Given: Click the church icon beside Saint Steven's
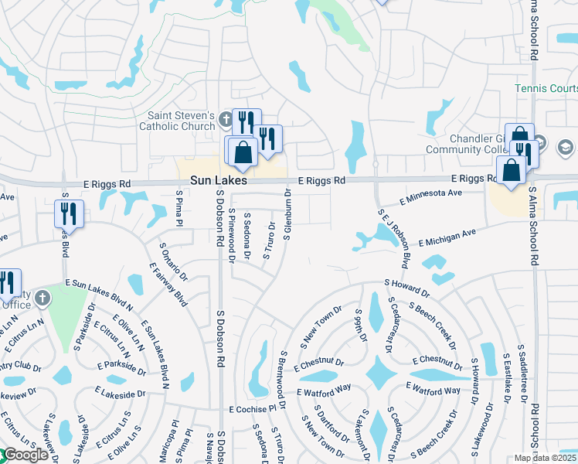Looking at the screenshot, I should pyautogui.click(x=225, y=119).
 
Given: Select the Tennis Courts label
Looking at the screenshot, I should pyautogui.click(x=546, y=89).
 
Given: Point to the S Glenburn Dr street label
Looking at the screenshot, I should pyautogui.click(x=287, y=214).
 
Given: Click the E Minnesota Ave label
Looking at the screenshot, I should pyautogui.click(x=431, y=197).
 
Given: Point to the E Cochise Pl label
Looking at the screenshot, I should pyautogui.click(x=252, y=408).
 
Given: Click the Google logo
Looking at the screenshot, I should pyautogui.click(x=25, y=455).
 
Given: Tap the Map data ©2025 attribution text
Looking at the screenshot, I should pyautogui.click(x=546, y=458).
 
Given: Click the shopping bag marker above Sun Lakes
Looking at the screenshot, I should pyautogui.click(x=243, y=154).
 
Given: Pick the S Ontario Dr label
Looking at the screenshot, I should pyautogui.click(x=174, y=261).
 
